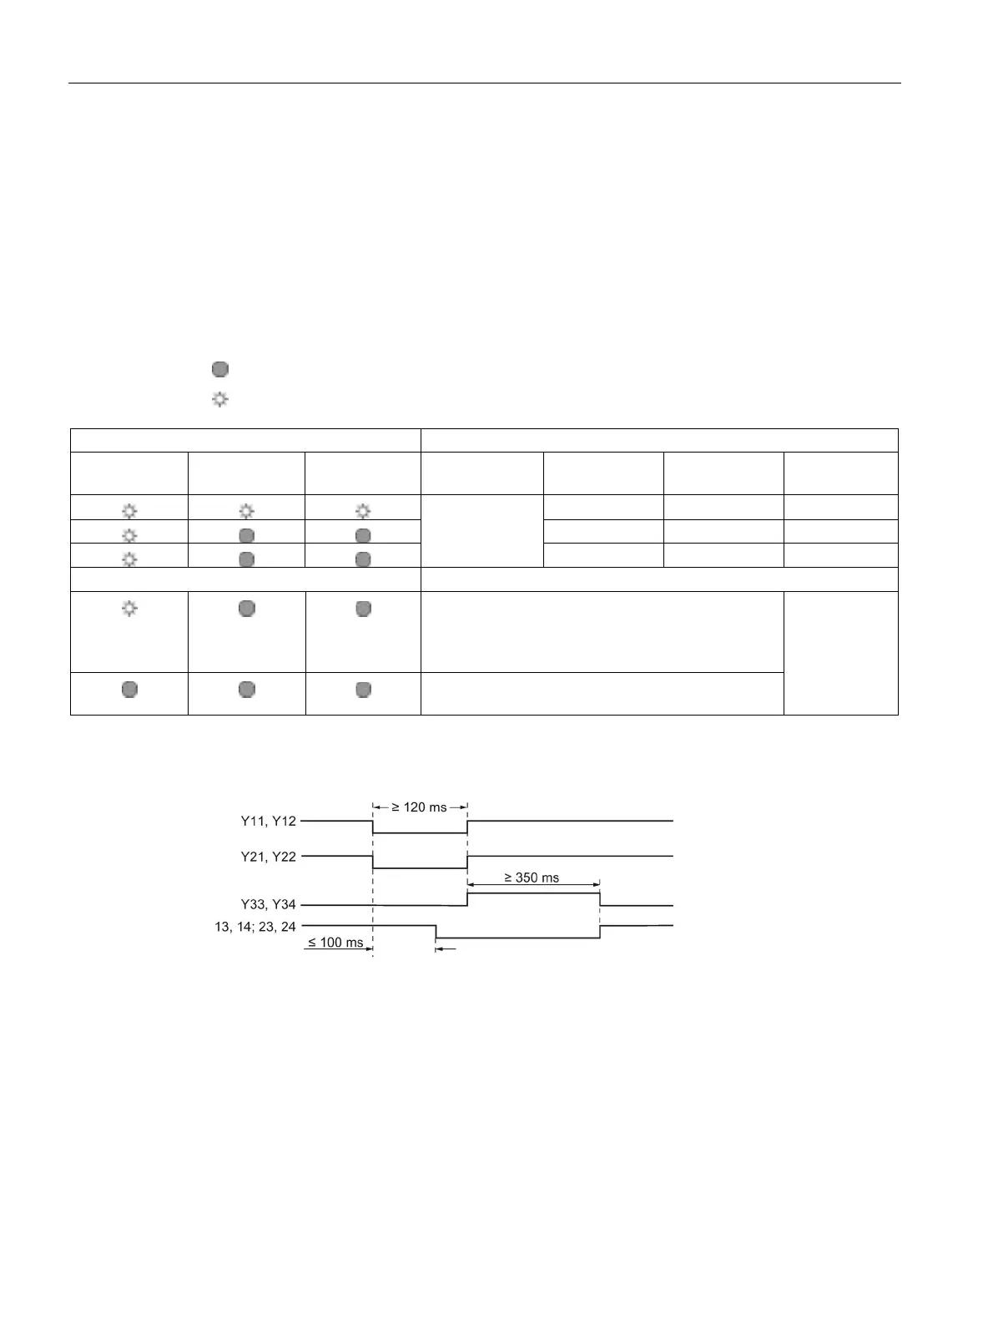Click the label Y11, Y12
[268, 822]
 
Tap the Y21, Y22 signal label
[268, 857]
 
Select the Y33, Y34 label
[268, 905]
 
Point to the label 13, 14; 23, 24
[255, 927]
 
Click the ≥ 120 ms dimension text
[420, 807]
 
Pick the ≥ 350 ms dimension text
[532, 878]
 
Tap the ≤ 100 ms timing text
[335, 943]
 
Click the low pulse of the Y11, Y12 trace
[420, 832]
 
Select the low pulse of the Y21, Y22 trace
[420, 868]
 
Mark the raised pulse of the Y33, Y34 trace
[533, 893]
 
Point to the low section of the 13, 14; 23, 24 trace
[517, 938]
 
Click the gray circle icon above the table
[219, 369]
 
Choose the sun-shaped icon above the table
[219, 400]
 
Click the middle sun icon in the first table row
[246, 511]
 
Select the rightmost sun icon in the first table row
[363, 511]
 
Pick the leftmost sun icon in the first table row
[129, 511]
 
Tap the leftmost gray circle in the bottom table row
[129, 690]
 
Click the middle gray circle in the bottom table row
[246, 690]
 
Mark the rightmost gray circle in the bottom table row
[363, 690]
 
